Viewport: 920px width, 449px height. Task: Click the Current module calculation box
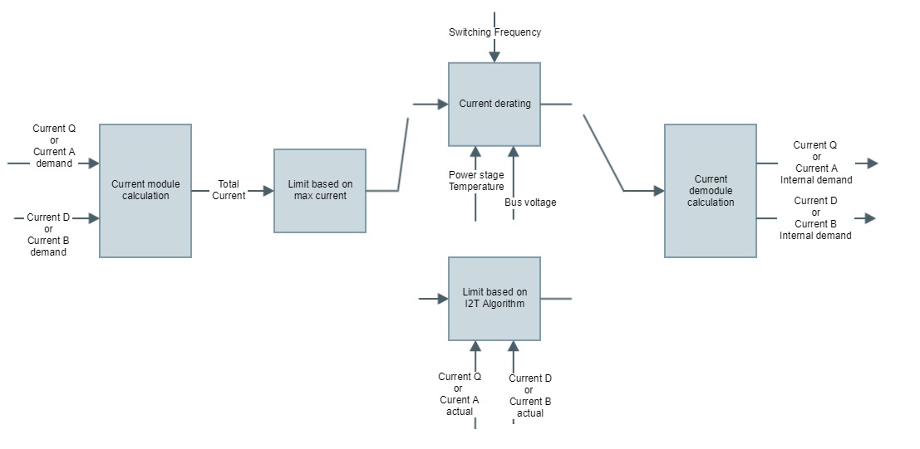(x=145, y=190)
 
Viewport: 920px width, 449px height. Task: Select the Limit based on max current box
(x=320, y=190)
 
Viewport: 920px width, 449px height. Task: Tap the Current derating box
(x=494, y=105)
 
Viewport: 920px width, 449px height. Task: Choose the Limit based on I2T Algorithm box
(x=494, y=298)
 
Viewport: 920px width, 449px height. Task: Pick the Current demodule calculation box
(x=711, y=190)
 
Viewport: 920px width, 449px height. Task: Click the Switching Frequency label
(x=494, y=32)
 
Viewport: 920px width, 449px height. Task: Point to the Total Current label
(x=229, y=190)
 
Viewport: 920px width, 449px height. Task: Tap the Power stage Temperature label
(x=476, y=181)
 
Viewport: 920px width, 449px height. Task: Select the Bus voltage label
(x=530, y=203)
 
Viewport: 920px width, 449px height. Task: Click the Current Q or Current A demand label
(x=54, y=146)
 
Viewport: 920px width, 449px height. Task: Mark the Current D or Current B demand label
(x=48, y=235)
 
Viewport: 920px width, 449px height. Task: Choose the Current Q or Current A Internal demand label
(x=816, y=163)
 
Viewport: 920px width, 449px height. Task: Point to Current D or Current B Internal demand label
(x=815, y=218)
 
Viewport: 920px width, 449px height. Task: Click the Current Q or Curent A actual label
(x=460, y=394)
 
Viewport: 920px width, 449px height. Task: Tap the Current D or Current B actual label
(x=530, y=396)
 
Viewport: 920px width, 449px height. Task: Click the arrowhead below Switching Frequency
(x=494, y=57)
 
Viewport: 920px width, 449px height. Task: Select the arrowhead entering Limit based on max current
(x=268, y=191)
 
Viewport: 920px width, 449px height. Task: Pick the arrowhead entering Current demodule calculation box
(x=658, y=191)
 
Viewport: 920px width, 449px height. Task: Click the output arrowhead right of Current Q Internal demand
(x=871, y=163)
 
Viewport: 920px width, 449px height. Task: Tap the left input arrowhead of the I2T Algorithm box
(x=443, y=299)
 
